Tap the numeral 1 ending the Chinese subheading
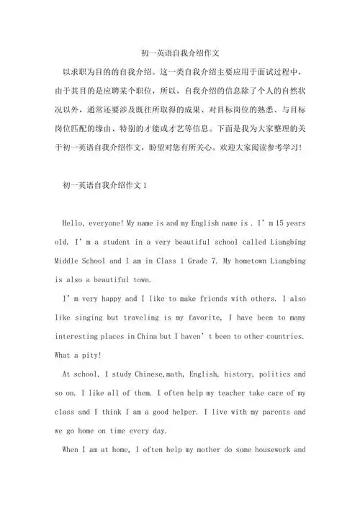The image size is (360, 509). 145,185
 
